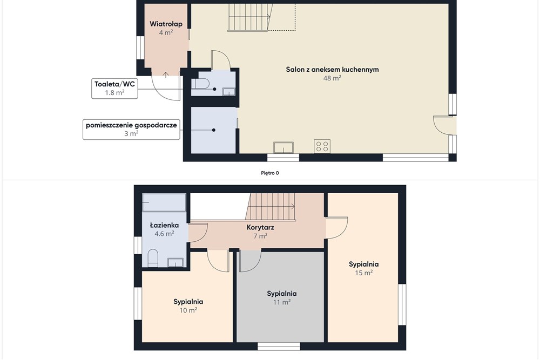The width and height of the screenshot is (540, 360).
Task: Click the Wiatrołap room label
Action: pyautogui.click(x=166, y=24)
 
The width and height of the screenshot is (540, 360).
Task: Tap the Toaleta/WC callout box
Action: pyautogui.click(x=114, y=89)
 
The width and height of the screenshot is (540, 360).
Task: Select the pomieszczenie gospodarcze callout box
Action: pyautogui.click(x=131, y=129)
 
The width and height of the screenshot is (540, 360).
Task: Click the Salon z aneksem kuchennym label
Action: pyautogui.click(x=332, y=70)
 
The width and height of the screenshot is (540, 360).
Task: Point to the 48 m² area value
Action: pyautogui.click(x=332, y=78)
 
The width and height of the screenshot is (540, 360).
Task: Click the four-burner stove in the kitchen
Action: pyautogui.click(x=322, y=146)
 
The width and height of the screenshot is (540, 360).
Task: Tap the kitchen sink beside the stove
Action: pyautogui.click(x=283, y=147)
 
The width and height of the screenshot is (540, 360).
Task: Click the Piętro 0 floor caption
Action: pyautogui.click(x=270, y=173)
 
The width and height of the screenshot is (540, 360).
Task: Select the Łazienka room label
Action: pyautogui.click(x=164, y=226)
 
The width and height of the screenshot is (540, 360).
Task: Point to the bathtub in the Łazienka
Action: pyautogui.click(x=164, y=203)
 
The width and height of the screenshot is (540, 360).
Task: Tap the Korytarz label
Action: pyautogui.click(x=260, y=227)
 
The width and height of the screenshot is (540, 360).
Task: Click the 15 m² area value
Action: pyautogui.click(x=363, y=273)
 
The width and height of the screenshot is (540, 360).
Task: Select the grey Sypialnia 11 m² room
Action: pyautogui.click(x=280, y=297)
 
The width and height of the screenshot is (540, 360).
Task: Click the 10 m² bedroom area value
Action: pyautogui.click(x=188, y=310)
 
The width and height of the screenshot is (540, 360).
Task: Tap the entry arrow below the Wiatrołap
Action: pyautogui.click(x=166, y=74)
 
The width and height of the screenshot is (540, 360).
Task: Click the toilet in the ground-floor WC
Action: pyautogui.click(x=200, y=84)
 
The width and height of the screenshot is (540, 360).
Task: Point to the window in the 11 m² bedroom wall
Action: pyautogui.click(x=279, y=346)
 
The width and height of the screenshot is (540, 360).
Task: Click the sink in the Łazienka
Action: pyautogui.click(x=175, y=263)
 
